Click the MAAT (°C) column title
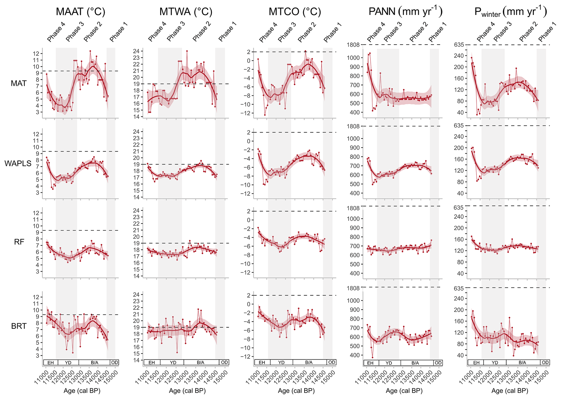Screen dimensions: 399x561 pyautogui.click(x=80, y=12)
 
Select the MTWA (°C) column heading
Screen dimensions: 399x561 pyautogui.click(x=186, y=12)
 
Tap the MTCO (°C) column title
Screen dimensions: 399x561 pyautogui.click(x=295, y=12)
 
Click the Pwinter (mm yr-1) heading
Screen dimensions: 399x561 pyautogui.click(x=511, y=12)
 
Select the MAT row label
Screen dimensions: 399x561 pyautogui.click(x=19, y=83)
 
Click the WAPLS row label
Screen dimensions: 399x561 pyautogui.click(x=18, y=163)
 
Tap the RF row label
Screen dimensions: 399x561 pyautogui.click(x=19, y=242)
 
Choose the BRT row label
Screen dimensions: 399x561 pyautogui.click(x=19, y=326)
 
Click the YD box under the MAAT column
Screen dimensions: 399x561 pyautogui.click(x=68, y=363)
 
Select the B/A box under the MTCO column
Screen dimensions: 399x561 pyautogui.click(x=309, y=362)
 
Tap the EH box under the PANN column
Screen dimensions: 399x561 pyautogui.click(x=370, y=363)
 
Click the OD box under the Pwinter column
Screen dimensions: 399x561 pyautogui.click(x=545, y=363)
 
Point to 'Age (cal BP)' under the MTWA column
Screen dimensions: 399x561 pyautogui.click(x=187, y=391)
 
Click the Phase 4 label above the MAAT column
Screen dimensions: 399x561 pyautogui.click(x=56, y=32)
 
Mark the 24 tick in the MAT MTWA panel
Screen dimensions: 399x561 pyautogui.click(x=136, y=51)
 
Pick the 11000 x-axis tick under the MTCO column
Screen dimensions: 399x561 pyautogui.click(x=252, y=378)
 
